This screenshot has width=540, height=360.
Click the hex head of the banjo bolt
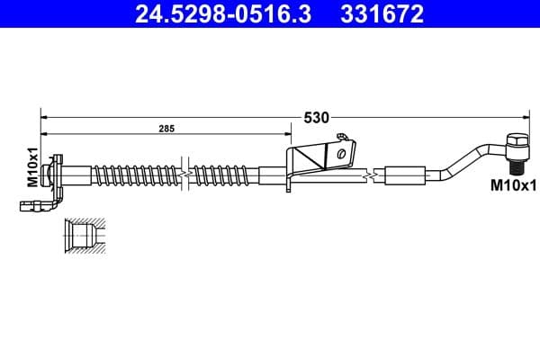click(517, 143)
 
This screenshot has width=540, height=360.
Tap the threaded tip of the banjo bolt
click(518, 168)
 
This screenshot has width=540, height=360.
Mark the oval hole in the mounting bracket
click(341, 154)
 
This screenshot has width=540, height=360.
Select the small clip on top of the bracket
click(341, 137)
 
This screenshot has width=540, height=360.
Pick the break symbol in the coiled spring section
click(184, 171)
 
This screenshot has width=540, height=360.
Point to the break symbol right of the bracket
click(370, 174)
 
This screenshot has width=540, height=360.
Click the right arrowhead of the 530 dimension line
click(523, 116)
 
